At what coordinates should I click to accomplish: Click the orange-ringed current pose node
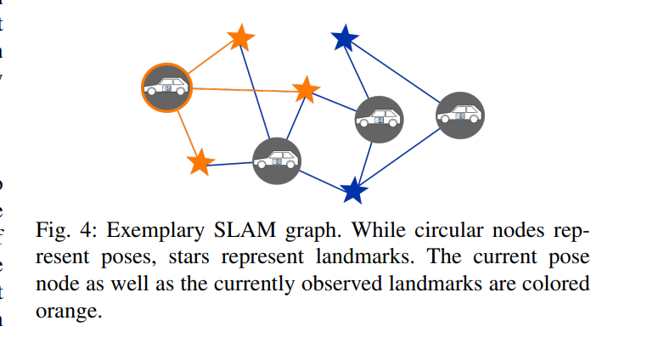point(166,87)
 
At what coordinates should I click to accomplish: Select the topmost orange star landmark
point(241,38)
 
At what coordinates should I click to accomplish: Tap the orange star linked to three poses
point(306,89)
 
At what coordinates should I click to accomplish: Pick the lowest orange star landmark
point(200,162)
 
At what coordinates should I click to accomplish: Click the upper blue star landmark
point(344,38)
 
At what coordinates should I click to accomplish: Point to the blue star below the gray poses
point(353,190)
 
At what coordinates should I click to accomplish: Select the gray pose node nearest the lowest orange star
point(277,160)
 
